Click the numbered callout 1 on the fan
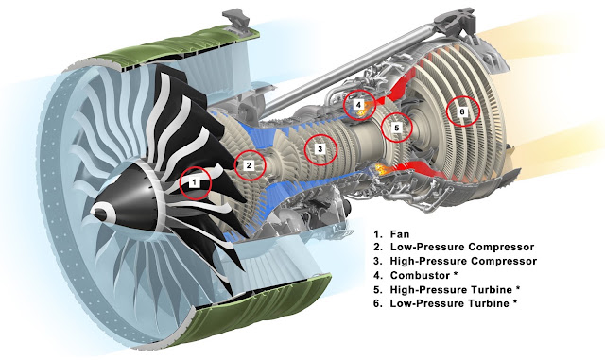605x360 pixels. pyautogui.click(x=195, y=181)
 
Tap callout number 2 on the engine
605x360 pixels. pyautogui.click(x=249, y=165)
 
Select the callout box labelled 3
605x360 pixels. pyautogui.click(x=320, y=149)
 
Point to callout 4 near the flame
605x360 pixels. pyautogui.click(x=359, y=105)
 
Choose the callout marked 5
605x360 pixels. pyautogui.click(x=397, y=128)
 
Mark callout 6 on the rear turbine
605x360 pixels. pyautogui.click(x=462, y=111)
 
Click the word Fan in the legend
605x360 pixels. pyautogui.click(x=400, y=234)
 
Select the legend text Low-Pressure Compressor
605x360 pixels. pyautogui.click(x=462, y=247)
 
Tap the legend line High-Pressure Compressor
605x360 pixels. pyautogui.click(x=463, y=261)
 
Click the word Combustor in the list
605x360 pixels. pyautogui.click(x=415, y=276)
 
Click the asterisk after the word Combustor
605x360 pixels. pyautogui.click(x=445, y=274)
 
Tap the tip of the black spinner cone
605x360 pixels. pyautogui.click(x=93, y=211)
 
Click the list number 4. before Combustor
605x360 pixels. pyautogui.click(x=378, y=276)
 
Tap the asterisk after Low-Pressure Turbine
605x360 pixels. pyautogui.click(x=514, y=301)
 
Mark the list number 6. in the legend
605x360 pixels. pyautogui.click(x=378, y=303)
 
